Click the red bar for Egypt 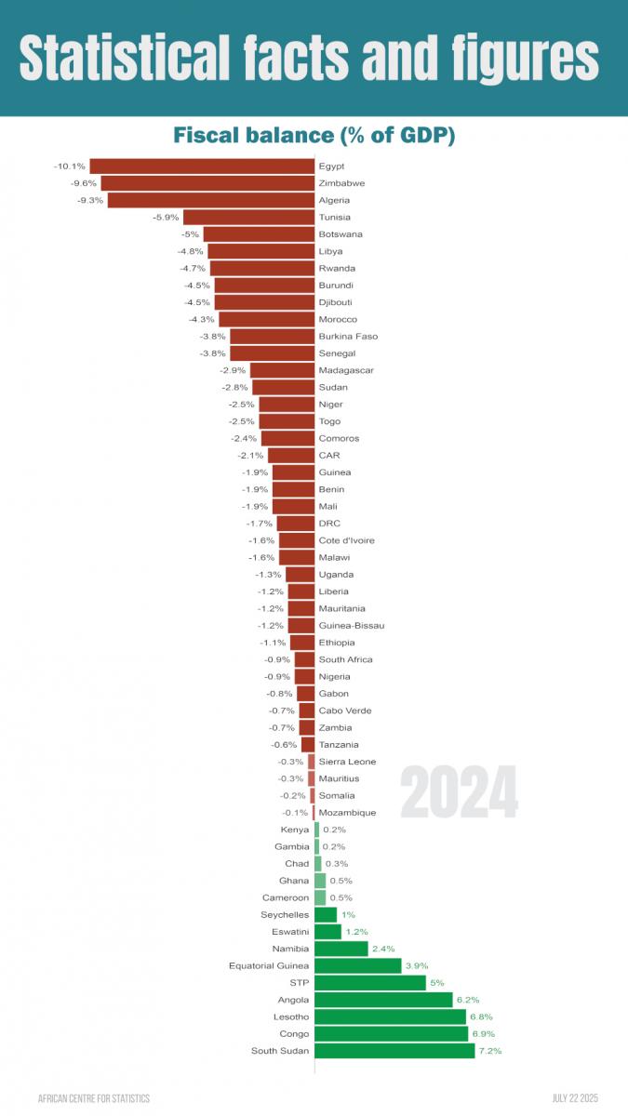coord(201,166)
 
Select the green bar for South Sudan coord(394,1051)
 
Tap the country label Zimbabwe coord(341,183)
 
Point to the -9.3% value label coord(91,200)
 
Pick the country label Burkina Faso coord(348,337)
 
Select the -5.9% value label coord(166,218)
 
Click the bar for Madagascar coord(282,370)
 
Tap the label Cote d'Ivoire coord(347,540)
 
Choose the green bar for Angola coord(383,1000)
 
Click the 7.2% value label coord(490,1051)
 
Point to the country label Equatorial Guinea coord(269,965)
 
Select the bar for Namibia coord(341,949)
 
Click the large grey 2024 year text coord(459,792)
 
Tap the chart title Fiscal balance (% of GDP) coord(314,136)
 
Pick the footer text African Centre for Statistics coord(93,1098)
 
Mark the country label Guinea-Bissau coord(352,626)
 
